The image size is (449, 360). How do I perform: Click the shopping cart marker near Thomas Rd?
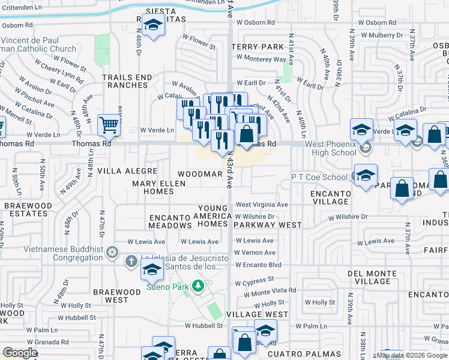click(x=109, y=125)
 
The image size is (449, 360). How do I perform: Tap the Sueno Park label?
click(x=164, y=287)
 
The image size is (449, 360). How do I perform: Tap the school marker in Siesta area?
click(x=154, y=25)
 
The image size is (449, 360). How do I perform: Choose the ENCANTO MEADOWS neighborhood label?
click(x=170, y=221)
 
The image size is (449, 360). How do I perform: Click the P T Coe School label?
click(x=319, y=177)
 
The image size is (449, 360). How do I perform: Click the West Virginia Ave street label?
click(x=262, y=205)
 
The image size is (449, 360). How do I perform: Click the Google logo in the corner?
click(x=20, y=353)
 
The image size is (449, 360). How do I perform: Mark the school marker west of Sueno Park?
click(x=152, y=270)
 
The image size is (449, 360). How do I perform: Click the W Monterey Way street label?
click(x=261, y=59)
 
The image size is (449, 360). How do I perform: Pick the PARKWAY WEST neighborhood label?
click(x=267, y=225)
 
